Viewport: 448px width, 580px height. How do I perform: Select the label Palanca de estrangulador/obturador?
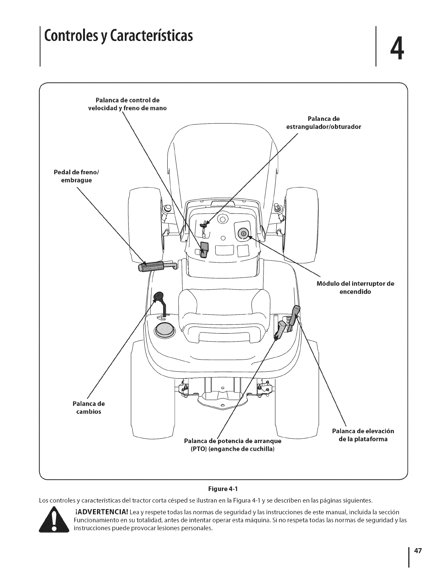[x=323, y=123]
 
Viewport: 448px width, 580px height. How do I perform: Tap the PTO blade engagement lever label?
[x=232, y=444]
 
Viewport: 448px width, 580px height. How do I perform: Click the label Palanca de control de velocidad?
[x=127, y=104]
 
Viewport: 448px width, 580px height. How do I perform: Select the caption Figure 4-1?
[x=223, y=489]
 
